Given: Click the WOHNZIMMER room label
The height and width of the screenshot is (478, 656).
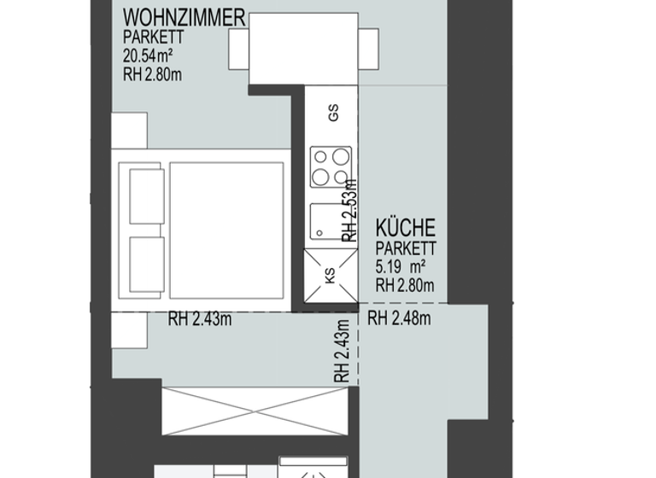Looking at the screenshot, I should [x=184, y=17].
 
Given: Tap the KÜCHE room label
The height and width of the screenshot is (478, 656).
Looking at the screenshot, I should [x=406, y=228].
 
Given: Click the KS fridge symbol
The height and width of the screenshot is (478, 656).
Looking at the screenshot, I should [x=330, y=274].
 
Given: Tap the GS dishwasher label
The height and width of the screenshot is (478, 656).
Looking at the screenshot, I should [x=333, y=110].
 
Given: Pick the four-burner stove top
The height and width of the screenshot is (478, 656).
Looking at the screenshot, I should [x=331, y=166].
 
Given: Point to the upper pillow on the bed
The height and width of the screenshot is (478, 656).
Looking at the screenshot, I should [x=146, y=196].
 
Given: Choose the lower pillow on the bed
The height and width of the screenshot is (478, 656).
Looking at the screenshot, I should [x=146, y=265].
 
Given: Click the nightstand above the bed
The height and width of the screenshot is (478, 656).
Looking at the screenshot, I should [x=129, y=130].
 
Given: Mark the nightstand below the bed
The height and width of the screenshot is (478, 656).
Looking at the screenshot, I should [x=129, y=330].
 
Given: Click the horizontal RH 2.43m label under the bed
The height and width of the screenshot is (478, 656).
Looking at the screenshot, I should [x=200, y=321].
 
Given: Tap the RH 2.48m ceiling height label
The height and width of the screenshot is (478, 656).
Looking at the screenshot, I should [x=399, y=320].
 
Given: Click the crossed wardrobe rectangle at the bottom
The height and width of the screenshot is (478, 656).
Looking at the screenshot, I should [x=255, y=411].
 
